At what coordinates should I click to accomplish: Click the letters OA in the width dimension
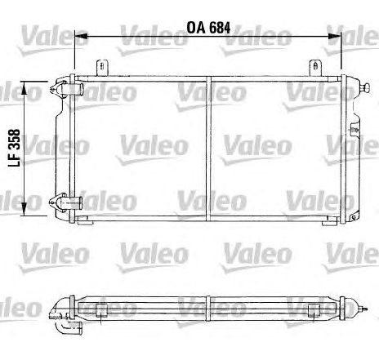[195, 27]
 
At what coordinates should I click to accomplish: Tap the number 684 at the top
[218, 27]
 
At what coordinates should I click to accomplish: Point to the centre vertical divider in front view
[208, 147]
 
